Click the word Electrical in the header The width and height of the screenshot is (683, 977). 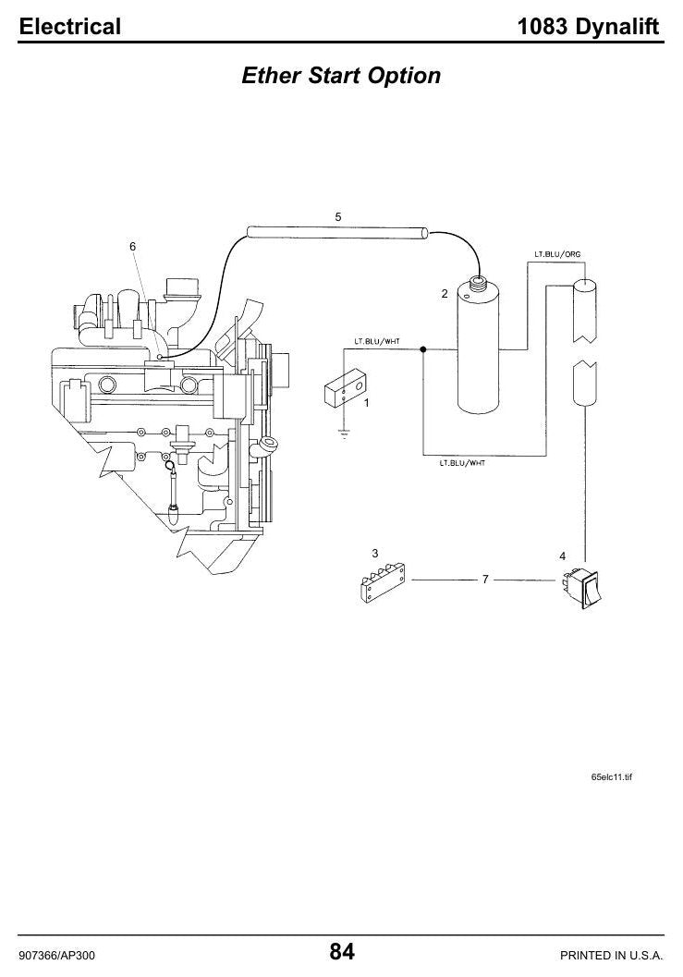[70, 26]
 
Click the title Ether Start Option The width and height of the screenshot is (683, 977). [341, 76]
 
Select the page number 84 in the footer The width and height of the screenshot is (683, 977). [342, 951]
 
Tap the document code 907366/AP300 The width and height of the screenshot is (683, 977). [57, 955]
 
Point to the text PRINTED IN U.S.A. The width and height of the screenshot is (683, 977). [611, 955]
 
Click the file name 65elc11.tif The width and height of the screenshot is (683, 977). [611, 777]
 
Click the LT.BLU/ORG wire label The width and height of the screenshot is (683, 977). [557, 254]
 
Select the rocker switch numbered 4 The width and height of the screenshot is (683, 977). [582, 586]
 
